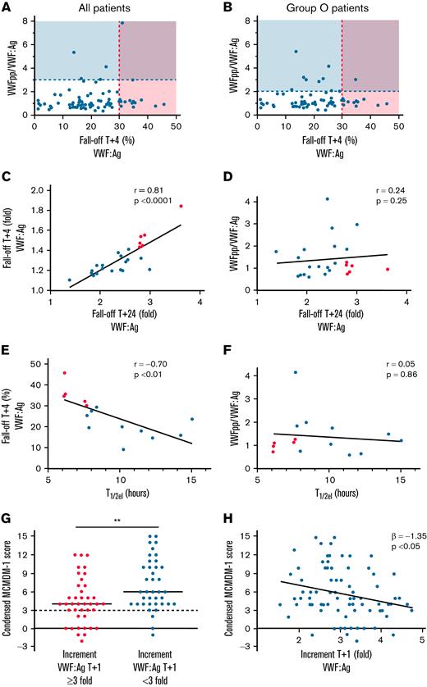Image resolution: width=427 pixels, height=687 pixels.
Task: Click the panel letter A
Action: (6, 7)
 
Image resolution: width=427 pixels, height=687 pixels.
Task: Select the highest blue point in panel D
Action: (327, 199)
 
